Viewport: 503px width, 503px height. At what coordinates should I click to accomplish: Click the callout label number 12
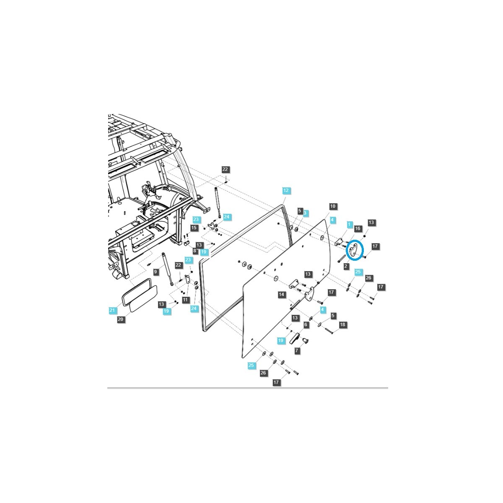coord(286,190)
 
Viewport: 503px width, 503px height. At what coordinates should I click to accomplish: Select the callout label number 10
coord(333,206)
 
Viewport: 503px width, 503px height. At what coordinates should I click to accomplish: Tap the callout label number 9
coord(156,272)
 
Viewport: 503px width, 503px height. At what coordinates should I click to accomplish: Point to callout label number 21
coord(112,310)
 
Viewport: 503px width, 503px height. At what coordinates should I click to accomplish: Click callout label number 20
coord(120,319)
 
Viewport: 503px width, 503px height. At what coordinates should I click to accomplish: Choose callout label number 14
coord(281,295)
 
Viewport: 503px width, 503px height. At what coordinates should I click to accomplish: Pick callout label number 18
coord(343,324)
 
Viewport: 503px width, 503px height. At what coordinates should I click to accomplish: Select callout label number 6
coord(306,324)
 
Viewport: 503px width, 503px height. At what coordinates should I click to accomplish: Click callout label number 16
coord(358,228)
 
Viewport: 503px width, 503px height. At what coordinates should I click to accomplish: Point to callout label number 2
coord(346,266)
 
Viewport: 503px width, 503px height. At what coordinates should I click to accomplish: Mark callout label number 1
coord(350,224)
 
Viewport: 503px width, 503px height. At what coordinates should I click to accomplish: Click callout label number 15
coord(194,228)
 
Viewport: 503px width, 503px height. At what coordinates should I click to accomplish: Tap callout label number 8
coord(195,251)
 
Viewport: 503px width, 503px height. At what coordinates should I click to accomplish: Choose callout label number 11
coord(185,300)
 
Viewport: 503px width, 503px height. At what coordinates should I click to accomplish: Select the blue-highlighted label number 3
coord(305,213)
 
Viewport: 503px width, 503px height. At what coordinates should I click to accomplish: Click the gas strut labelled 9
coord(167,269)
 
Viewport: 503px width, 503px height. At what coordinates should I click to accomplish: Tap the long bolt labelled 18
coord(329,330)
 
